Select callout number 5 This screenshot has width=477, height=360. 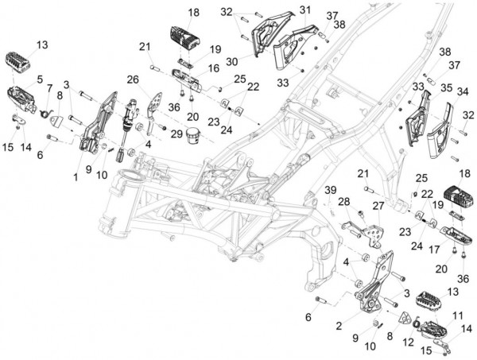tap(17, 79)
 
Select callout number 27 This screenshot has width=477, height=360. tap(379, 205)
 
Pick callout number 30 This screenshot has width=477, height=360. tap(233, 60)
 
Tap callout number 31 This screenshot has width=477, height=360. tap(282, 10)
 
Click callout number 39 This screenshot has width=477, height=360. tap(326, 188)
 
